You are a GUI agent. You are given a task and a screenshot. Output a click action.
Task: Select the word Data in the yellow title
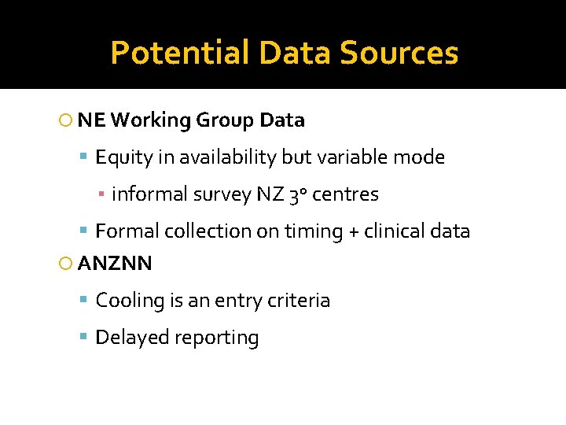(x=295, y=53)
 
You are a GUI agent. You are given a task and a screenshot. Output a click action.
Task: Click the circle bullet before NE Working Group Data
(x=66, y=121)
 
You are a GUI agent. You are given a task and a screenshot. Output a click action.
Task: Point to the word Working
(x=150, y=120)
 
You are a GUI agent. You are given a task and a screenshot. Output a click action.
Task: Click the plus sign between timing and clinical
(x=329, y=232)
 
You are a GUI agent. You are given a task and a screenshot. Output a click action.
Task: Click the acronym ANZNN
(x=116, y=264)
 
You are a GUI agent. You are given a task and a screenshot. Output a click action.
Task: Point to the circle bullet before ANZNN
(x=66, y=264)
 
